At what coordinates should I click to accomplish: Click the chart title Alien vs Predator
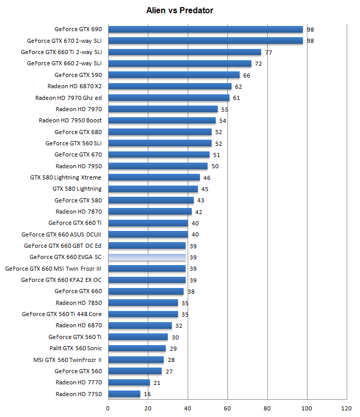[x=179, y=10]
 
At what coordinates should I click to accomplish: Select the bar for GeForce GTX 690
[x=205, y=29]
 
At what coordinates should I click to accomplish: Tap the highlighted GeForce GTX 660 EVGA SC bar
[x=147, y=257]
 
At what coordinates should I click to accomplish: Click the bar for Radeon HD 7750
[x=124, y=394]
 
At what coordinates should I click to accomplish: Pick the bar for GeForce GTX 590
[x=174, y=75]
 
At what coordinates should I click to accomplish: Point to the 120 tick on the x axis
[x=346, y=408]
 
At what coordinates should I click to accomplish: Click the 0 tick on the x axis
[x=108, y=408]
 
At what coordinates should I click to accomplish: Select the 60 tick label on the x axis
[x=227, y=408]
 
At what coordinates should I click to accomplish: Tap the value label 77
[x=269, y=53]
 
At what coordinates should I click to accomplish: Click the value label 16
[x=147, y=394]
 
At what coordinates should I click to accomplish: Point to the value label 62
[x=239, y=87]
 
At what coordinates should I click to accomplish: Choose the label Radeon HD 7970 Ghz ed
[x=68, y=98]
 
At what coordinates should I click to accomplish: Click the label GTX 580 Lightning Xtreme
[x=66, y=177]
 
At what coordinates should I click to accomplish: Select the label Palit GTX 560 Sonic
[x=75, y=348]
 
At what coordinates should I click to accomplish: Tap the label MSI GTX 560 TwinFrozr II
[x=67, y=360]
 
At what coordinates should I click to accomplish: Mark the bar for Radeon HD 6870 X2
[x=170, y=86]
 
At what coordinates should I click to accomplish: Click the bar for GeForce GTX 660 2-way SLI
[x=179, y=64]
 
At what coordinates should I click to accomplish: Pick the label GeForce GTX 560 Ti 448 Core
[x=62, y=314]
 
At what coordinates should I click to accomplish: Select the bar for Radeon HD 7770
[x=129, y=382]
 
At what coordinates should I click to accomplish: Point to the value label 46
[x=207, y=178]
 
